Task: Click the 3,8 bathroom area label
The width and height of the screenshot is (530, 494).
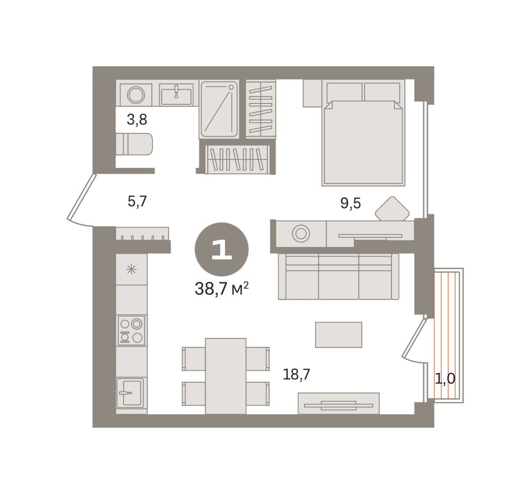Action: pyautogui.click(x=137, y=119)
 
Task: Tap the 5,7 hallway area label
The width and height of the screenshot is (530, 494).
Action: pyautogui.click(x=137, y=201)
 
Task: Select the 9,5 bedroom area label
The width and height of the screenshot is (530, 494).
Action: pyautogui.click(x=350, y=203)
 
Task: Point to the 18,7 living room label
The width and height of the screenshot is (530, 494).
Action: pyautogui.click(x=296, y=374)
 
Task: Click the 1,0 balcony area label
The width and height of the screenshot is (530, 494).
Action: pyautogui.click(x=445, y=378)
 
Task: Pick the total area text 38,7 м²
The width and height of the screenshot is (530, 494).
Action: pyautogui.click(x=222, y=289)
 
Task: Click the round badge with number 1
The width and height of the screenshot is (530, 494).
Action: pyautogui.click(x=222, y=249)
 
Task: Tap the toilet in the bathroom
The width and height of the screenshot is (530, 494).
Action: pyautogui.click(x=134, y=144)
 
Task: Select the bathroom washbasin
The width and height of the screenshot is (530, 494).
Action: pyautogui.click(x=176, y=95)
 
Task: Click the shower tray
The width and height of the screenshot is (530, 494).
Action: pyautogui.click(x=219, y=109)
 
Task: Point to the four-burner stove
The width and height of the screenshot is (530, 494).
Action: pyautogui.click(x=132, y=330)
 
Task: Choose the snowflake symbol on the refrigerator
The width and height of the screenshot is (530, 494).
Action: pyautogui.click(x=131, y=270)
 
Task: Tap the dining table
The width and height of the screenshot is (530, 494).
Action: pyautogui.click(x=226, y=376)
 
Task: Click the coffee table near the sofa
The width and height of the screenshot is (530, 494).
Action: pyautogui.click(x=339, y=335)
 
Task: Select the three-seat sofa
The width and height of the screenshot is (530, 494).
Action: pyautogui.click(x=339, y=277)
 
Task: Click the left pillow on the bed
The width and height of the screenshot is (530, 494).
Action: pyautogui.click(x=344, y=92)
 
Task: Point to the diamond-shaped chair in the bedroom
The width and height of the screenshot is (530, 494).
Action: pyautogui.click(x=392, y=209)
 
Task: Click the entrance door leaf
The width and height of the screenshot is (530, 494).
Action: pyautogui.click(x=81, y=197)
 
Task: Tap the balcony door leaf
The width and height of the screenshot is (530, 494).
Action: pyautogui.click(x=414, y=338)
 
